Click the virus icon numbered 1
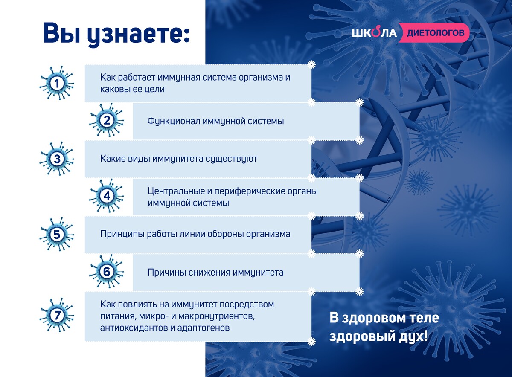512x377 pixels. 57,83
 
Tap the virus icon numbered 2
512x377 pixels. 107,120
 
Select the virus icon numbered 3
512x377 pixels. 57,159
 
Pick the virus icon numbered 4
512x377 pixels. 107,196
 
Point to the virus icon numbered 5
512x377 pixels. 57,235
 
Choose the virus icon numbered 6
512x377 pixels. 107,272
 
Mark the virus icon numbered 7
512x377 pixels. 57,315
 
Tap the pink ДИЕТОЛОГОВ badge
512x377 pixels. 434,33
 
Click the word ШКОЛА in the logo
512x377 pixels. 374,33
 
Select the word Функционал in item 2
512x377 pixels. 173,121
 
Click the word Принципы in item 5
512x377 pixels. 122,234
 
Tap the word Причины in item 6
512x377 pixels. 165,273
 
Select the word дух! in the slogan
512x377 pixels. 413,336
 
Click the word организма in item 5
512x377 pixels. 268,234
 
